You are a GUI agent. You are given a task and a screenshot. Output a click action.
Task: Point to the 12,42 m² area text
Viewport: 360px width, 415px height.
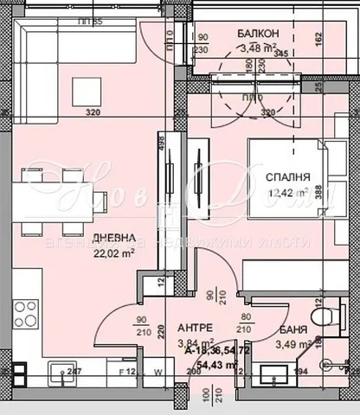pos(288,193)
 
